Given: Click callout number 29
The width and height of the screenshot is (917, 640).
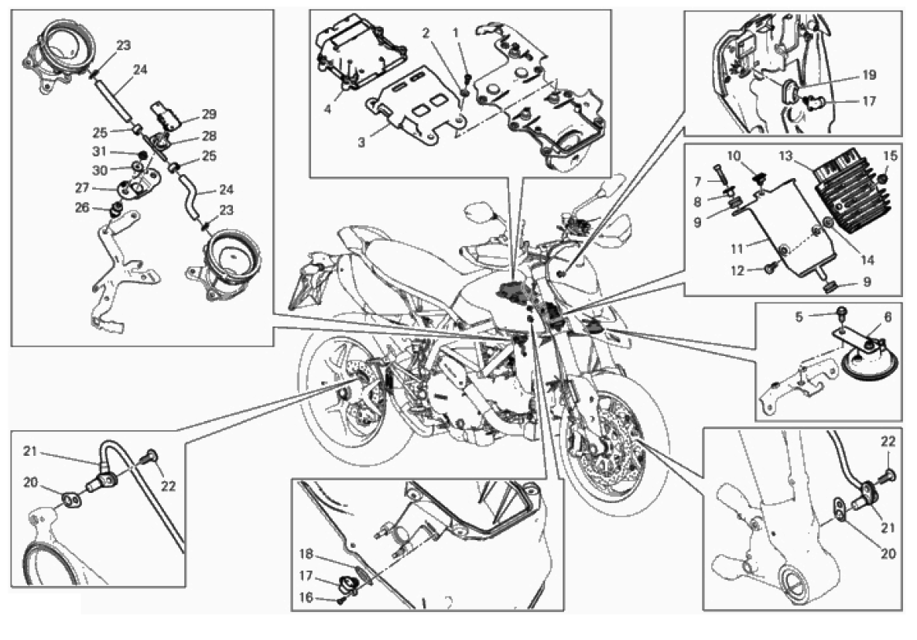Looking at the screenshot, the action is [209, 114].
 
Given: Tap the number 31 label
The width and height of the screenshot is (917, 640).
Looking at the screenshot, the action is [99, 152].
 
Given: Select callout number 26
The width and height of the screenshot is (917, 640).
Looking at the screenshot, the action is [83, 207].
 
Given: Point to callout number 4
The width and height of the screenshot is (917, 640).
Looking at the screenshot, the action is [327, 109].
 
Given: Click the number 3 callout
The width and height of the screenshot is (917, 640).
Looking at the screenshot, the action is [361, 142].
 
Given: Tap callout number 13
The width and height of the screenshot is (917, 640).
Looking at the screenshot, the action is [786, 156].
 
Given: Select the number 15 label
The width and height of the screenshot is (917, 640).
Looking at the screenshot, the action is [890, 156].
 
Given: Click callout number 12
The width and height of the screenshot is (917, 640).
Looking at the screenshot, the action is [738, 271].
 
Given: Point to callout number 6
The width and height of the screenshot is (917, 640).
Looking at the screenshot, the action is [888, 317].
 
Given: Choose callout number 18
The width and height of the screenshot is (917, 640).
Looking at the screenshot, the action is [306, 554].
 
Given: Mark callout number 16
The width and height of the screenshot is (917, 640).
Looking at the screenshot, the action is [306, 598].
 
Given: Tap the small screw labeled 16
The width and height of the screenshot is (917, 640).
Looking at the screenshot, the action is [340, 601].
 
